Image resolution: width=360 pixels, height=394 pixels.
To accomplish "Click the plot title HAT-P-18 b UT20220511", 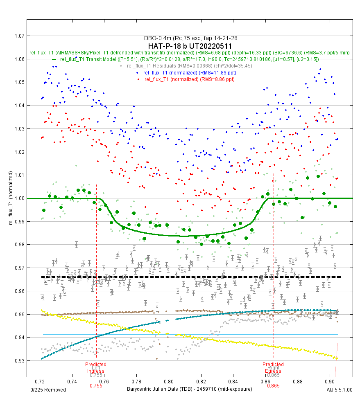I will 190,46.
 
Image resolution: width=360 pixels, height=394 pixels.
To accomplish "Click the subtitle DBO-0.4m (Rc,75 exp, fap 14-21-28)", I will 190,38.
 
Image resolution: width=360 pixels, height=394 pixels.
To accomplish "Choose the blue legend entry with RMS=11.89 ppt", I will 189,72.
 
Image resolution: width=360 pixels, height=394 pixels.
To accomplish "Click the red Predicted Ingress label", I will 96,368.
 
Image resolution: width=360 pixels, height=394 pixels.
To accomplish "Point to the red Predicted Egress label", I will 273,368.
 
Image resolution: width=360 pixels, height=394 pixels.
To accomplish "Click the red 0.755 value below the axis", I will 96,385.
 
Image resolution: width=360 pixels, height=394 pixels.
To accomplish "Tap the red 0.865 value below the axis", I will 273,385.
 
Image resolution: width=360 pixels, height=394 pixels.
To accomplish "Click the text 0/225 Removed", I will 48,390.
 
